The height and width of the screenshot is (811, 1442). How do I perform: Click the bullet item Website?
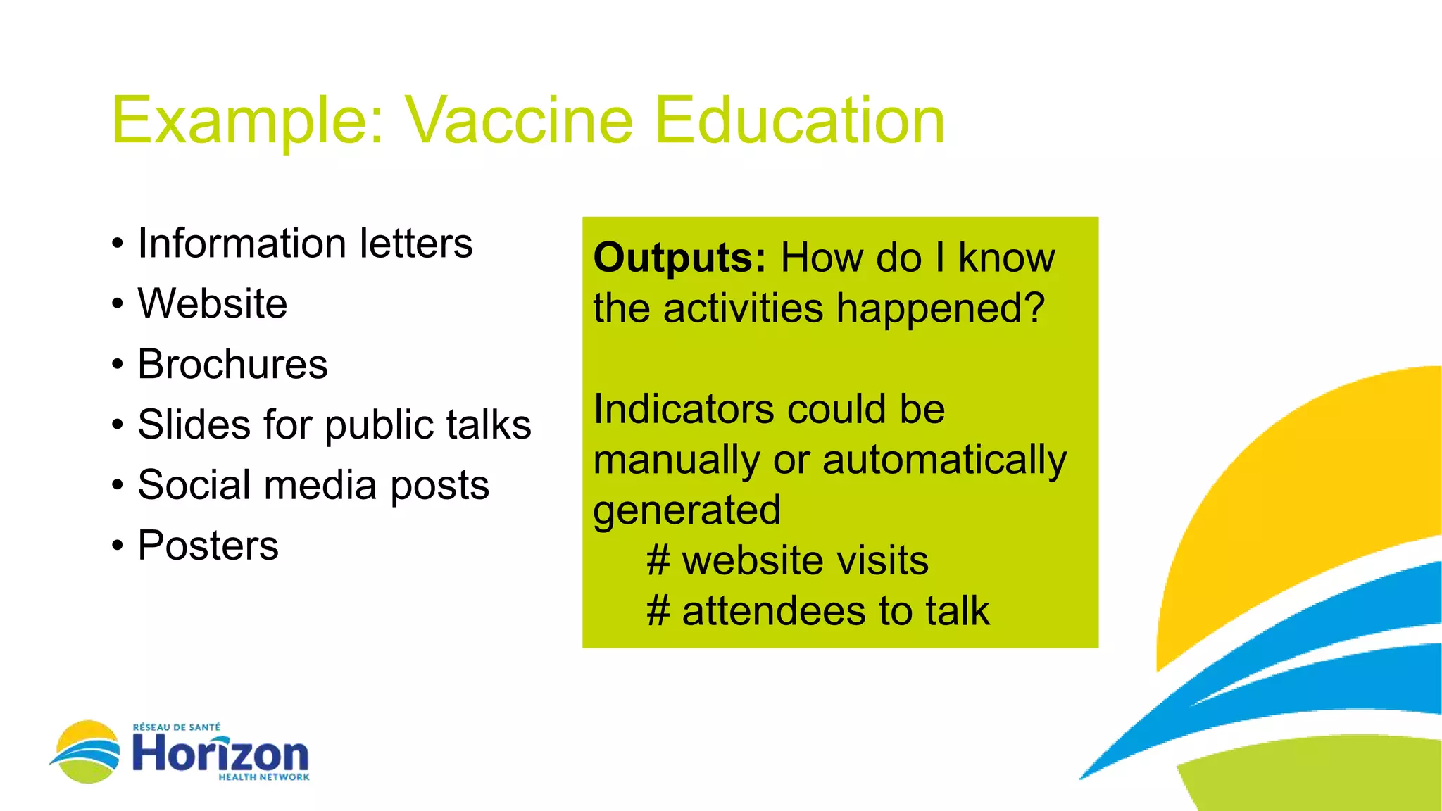tap(213, 304)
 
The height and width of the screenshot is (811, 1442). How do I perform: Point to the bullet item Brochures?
tap(232, 365)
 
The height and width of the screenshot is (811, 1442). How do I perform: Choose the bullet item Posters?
tap(208, 546)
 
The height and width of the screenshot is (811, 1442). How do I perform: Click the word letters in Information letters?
tap(415, 244)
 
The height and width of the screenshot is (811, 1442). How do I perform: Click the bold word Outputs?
tap(679, 258)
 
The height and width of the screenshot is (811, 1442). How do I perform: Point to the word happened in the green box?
tap(940, 310)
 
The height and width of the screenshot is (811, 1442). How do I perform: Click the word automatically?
tap(944, 461)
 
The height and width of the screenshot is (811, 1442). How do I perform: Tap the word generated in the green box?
tap(687, 511)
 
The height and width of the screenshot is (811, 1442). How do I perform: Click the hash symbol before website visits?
tap(658, 561)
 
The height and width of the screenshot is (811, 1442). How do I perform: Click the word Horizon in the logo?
tap(220, 754)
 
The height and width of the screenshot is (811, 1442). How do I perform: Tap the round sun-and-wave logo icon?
tap(86, 752)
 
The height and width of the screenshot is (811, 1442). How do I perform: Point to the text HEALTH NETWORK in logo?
tap(264, 777)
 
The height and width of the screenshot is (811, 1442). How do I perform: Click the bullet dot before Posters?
tap(118, 546)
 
